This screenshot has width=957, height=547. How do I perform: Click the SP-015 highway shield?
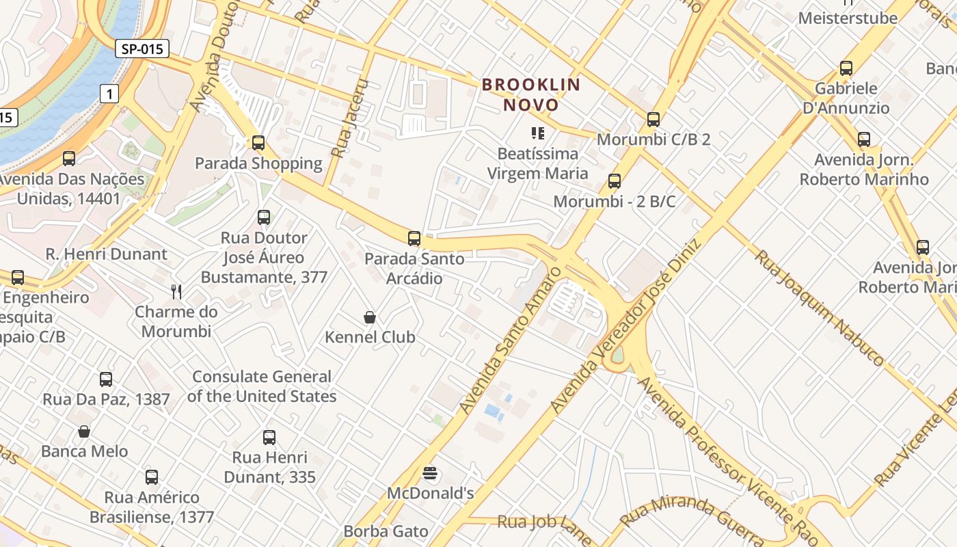(141, 49)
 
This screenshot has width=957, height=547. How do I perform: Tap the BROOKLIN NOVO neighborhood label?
(531, 94)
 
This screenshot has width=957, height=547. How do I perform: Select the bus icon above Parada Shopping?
(258, 143)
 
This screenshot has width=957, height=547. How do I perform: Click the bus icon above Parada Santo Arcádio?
(414, 239)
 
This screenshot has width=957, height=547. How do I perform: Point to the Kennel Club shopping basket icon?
(370, 317)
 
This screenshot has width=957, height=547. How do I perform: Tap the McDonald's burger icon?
(430, 473)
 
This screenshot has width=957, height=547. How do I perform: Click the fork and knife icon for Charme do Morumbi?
(176, 292)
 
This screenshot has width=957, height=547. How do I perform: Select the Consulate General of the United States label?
(261, 386)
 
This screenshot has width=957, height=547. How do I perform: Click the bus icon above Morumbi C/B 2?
(653, 120)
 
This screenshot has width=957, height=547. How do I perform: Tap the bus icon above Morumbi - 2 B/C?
(615, 181)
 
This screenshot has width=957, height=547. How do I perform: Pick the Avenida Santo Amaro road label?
(509, 341)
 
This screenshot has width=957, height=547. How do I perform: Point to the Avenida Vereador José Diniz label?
(625, 327)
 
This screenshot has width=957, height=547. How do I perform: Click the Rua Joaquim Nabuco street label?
(819, 308)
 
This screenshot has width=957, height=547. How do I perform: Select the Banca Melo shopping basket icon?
(84, 431)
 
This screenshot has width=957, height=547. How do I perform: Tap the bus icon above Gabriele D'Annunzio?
(846, 68)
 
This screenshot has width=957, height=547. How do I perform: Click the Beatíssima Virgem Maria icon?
(537, 133)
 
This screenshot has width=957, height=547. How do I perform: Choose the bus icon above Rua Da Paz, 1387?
(106, 379)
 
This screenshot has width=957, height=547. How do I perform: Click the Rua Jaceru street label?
(349, 118)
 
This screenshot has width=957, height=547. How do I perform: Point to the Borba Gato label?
(386, 531)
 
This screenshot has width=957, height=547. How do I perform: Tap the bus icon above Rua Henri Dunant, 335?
(269, 438)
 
